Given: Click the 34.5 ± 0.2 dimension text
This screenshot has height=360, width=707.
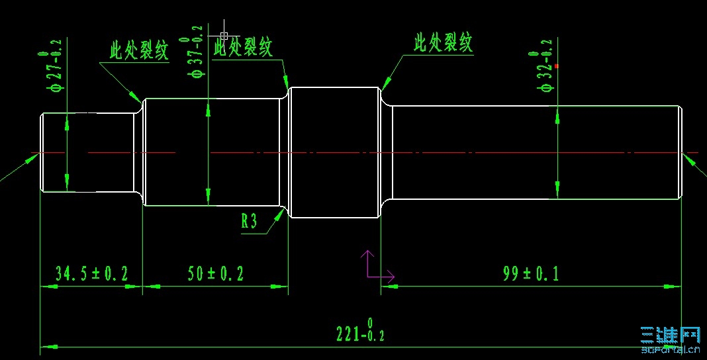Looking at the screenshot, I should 91,273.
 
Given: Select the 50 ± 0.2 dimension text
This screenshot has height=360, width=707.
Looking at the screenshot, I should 215,273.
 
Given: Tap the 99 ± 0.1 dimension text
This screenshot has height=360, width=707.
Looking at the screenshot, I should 530,273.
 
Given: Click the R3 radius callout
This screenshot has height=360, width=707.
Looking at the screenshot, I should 249,221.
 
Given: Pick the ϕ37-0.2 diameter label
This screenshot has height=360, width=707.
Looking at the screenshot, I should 197,52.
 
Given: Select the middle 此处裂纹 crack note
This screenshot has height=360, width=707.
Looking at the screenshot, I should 243,47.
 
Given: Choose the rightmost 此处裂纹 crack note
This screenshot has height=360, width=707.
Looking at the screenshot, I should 444,44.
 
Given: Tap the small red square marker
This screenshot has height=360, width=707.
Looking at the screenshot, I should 557,66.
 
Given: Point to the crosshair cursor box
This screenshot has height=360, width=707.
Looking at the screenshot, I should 224,36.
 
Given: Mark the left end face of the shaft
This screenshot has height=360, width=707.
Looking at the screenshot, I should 41,153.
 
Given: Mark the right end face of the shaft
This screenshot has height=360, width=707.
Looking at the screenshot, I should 681,152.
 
